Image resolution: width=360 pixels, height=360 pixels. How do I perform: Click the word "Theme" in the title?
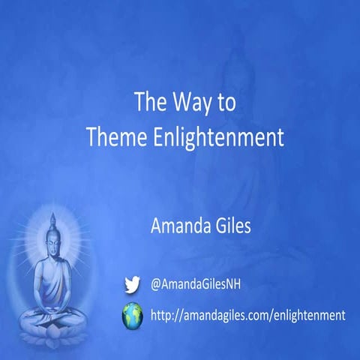(133, 137)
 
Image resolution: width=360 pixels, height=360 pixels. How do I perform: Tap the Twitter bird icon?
(132, 283)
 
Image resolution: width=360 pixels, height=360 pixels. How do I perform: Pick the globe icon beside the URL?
(133, 316)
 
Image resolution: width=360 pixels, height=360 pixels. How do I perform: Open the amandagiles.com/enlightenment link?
(248, 316)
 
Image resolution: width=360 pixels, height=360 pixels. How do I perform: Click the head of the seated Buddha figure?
(52, 242)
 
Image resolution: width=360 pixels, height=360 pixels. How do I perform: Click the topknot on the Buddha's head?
(52, 218)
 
